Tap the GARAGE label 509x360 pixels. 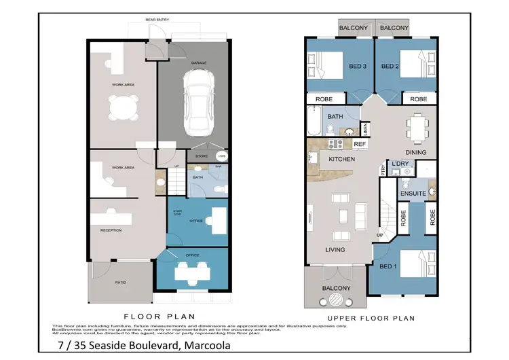click(x=198, y=62)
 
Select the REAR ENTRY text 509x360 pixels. click(x=157, y=20)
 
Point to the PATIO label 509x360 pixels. click(x=119, y=283)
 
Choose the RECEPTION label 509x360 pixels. click(x=111, y=230)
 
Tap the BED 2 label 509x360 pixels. click(x=388, y=66)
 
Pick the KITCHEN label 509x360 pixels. click(x=342, y=159)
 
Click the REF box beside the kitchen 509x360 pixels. click(x=360, y=145)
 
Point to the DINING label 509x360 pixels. click(x=415, y=152)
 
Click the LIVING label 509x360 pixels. click(x=335, y=249)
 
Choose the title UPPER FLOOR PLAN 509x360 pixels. click(x=371, y=318)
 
